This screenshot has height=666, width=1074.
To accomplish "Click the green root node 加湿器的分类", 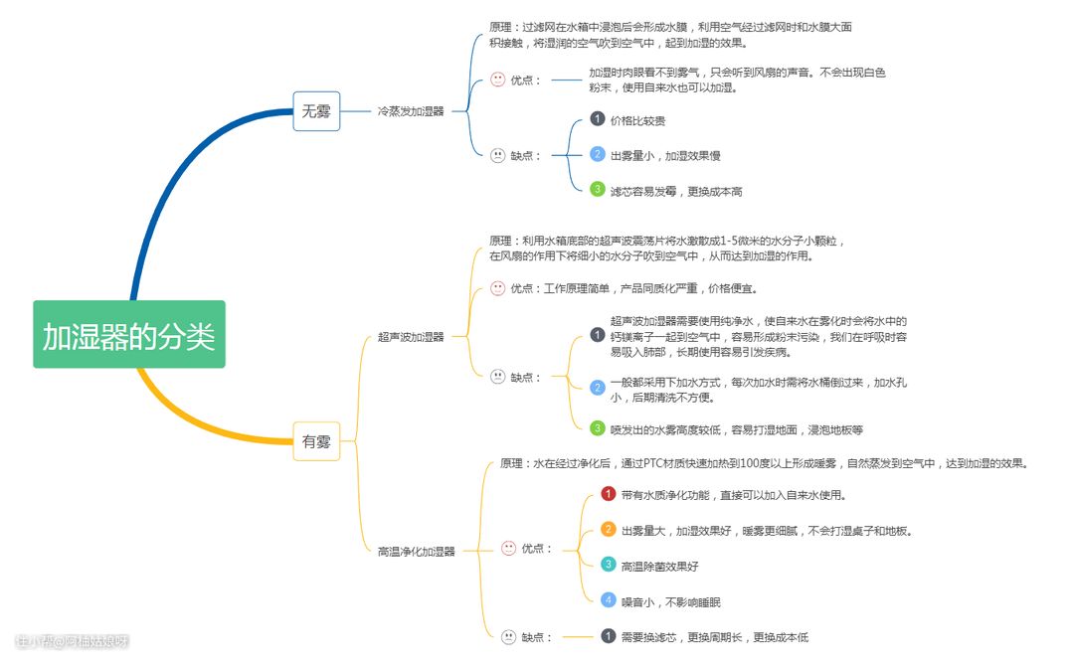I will pyautogui.click(x=128, y=335).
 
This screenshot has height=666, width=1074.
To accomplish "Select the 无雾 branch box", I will pyautogui.click(x=316, y=111).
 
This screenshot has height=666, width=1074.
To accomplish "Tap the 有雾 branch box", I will pyautogui.click(x=316, y=442).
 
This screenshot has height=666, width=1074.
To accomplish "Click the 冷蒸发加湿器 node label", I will pyautogui.click(x=411, y=112).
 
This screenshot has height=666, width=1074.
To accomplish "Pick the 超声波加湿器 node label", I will pyautogui.click(x=411, y=337).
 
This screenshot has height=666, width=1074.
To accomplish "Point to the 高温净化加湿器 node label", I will pyautogui.click(x=416, y=551).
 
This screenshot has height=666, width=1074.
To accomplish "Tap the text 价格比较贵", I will pyautogui.click(x=638, y=120).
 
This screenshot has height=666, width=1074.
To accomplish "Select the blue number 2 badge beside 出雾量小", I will pyautogui.click(x=597, y=154).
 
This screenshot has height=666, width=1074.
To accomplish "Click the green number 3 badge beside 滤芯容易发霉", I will pyautogui.click(x=597, y=189).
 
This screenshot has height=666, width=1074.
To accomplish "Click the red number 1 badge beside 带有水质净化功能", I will pyautogui.click(x=609, y=494).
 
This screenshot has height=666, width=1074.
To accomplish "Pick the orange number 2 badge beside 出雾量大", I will pyautogui.click(x=609, y=530).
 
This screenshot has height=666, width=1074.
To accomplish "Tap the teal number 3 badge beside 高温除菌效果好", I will pyautogui.click(x=609, y=565).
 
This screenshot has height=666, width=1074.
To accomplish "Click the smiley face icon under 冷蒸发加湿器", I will pyautogui.click(x=498, y=80).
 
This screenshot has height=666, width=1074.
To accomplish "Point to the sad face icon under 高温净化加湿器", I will pyautogui.click(x=508, y=637).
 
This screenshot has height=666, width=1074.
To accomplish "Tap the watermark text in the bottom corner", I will pyautogui.click(x=73, y=641).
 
